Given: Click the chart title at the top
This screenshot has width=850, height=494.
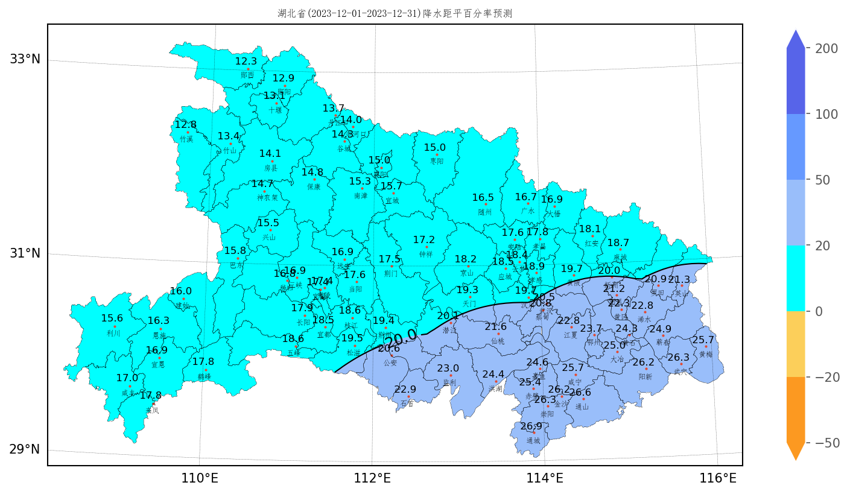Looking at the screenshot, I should pyautogui.click(x=395, y=13).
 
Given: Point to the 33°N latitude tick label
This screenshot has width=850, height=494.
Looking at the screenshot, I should pyautogui.click(x=25, y=59).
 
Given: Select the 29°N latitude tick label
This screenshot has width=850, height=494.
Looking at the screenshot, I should pyautogui.click(x=25, y=449).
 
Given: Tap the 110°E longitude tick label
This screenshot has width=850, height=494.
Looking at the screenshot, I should pyautogui.click(x=200, y=479).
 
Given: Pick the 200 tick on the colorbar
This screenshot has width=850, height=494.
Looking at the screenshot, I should pyautogui.click(x=826, y=49).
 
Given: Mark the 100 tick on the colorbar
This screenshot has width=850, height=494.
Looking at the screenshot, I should pyautogui.click(x=826, y=115).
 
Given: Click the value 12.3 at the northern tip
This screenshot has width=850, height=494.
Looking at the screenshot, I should pyautogui.click(x=246, y=61).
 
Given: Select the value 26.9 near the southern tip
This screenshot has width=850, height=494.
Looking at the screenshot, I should pyautogui.click(x=531, y=426).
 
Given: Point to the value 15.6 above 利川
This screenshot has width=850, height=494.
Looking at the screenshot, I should pyautogui.click(x=112, y=318).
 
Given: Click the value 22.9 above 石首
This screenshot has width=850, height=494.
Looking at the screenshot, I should pyautogui.click(x=405, y=389).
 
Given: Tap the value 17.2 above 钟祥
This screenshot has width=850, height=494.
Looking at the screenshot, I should pyautogui.click(x=423, y=239).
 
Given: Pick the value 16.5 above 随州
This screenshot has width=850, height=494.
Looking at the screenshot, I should pyautogui.click(x=483, y=197).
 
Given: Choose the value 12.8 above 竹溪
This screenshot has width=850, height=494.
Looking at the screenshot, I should pyautogui.click(x=185, y=124).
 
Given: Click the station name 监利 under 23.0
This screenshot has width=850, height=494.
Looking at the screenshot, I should pyautogui.click(x=449, y=382).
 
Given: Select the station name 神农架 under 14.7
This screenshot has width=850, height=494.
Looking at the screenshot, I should pyautogui.click(x=267, y=197).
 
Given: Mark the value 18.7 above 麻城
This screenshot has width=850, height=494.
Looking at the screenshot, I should pyautogui.click(x=618, y=242).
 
